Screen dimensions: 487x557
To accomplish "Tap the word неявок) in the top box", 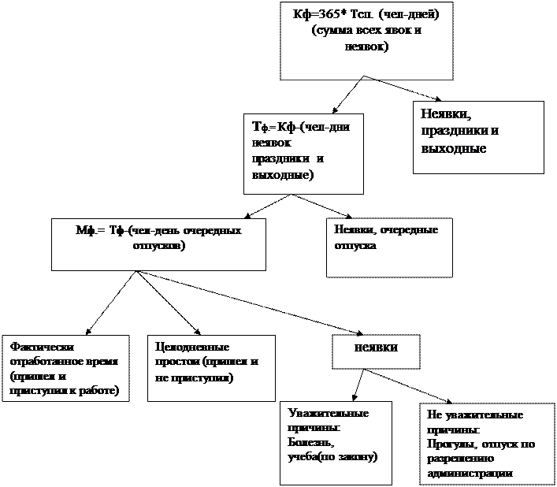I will point(366,46).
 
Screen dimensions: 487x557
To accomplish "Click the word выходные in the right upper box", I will point(454,148).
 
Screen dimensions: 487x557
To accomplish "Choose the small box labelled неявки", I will point(376,348).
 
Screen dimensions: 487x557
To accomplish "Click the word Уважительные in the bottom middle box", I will point(329,412).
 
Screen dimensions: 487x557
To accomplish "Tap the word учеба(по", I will point(315,457).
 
